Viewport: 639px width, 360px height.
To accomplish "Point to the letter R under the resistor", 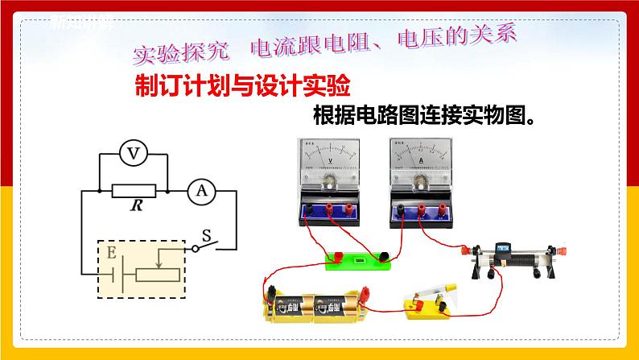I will coord(133,206).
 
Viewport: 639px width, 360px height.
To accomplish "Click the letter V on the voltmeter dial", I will coord(329,159).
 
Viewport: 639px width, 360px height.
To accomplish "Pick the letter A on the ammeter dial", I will coord(420,160).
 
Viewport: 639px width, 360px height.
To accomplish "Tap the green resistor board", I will coord(357,259).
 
